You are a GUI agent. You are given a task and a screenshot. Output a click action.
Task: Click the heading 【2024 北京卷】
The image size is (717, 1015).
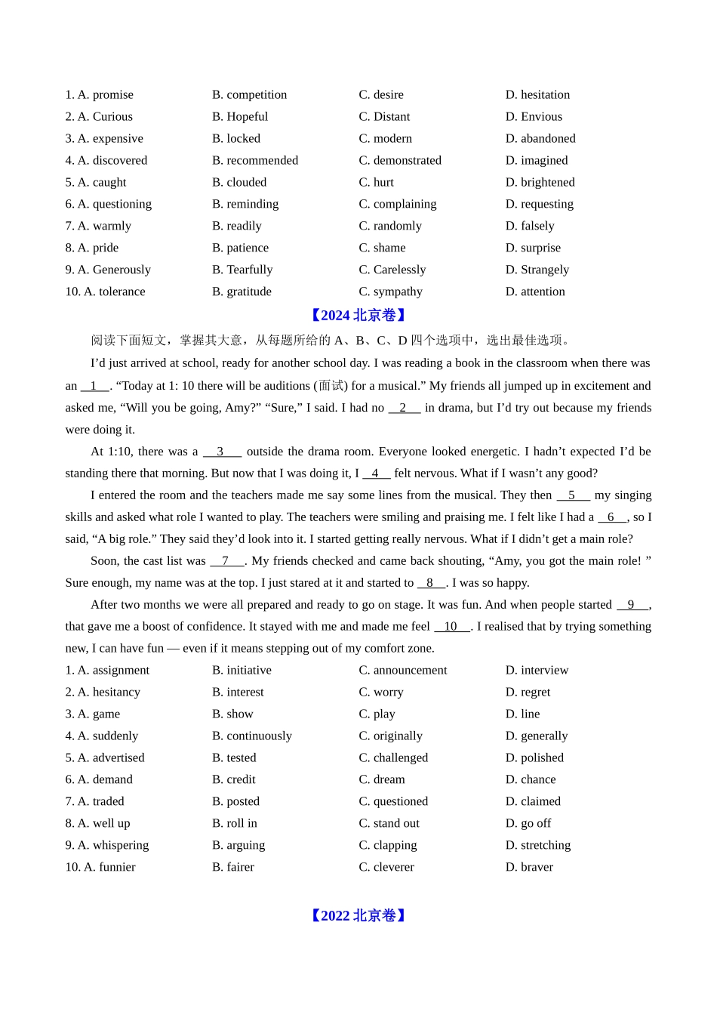point(358,316)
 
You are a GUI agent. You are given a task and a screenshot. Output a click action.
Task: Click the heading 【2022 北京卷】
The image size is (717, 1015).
point(358,916)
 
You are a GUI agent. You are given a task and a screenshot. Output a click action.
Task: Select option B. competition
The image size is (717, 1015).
point(249,95)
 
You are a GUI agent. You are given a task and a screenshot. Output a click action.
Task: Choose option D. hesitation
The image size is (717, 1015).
point(537,95)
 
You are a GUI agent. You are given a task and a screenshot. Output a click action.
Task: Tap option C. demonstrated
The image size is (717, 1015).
point(400,161)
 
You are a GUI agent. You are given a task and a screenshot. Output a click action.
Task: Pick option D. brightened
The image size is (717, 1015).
point(540,183)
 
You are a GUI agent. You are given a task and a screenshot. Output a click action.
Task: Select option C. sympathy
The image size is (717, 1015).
point(390,292)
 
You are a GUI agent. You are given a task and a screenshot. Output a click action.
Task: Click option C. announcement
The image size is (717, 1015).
point(402,671)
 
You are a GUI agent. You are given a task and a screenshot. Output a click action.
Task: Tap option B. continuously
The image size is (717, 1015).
point(251,736)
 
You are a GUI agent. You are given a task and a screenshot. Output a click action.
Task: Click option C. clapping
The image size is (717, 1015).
point(388,846)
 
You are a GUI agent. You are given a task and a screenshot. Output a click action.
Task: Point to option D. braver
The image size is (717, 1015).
point(529,868)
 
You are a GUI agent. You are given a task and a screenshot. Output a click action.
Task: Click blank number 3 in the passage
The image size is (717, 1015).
point(221,452)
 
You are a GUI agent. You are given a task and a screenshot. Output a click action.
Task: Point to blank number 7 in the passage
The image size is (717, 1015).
point(226,561)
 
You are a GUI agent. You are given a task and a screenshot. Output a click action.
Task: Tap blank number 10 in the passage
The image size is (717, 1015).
point(451,627)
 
